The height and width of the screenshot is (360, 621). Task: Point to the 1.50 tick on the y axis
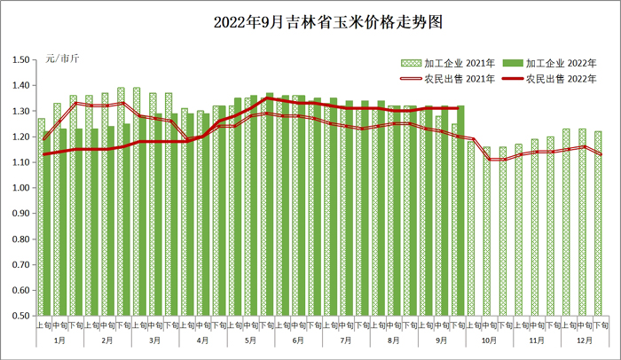click(x=20, y=60)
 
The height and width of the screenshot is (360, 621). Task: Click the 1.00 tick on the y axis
click(x=20, y=188)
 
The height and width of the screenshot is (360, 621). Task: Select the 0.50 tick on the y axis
click(x=20, y=316)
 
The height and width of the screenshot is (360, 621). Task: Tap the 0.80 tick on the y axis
click(x=20, y=239)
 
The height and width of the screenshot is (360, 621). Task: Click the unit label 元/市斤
click(x=61, y=59)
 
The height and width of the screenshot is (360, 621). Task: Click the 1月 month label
click(x=59, y=340)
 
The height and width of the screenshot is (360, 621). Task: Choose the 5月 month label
click(x=250, y=340)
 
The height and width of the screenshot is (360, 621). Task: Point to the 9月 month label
click(x=442, y=340)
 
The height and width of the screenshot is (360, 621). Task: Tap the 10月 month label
click(x=490, y=340)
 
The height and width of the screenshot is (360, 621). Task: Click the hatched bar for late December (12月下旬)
click(x=598, y=223)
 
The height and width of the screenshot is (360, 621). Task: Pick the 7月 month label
click(x=346, y=340)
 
